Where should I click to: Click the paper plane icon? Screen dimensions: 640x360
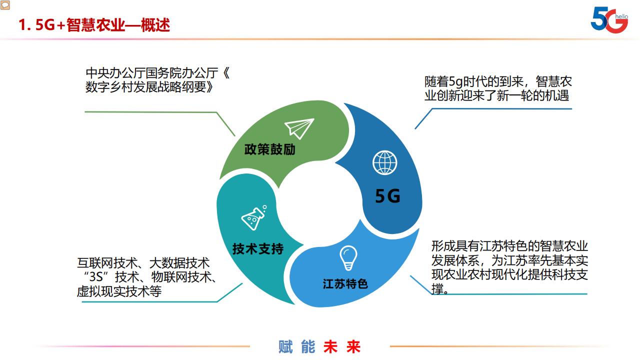coord(299,128)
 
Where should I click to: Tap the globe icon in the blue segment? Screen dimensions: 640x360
coord(385,162)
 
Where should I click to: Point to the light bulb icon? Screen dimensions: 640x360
coord(348,258)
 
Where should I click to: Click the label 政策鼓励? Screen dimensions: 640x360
coord(270,149)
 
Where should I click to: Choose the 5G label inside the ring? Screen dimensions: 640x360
coord(388,196)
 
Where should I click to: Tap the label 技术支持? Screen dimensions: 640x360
coord(258,248)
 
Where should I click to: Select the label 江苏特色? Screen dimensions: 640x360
coord(345,284)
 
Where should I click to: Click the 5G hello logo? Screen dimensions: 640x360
coord(609,20)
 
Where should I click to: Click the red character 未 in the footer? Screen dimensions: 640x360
coord(330,347)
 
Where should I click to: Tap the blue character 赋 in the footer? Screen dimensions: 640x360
coord(285,347)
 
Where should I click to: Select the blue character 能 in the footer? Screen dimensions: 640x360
coord(308,347)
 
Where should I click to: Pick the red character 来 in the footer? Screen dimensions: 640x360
coord(353,347)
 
